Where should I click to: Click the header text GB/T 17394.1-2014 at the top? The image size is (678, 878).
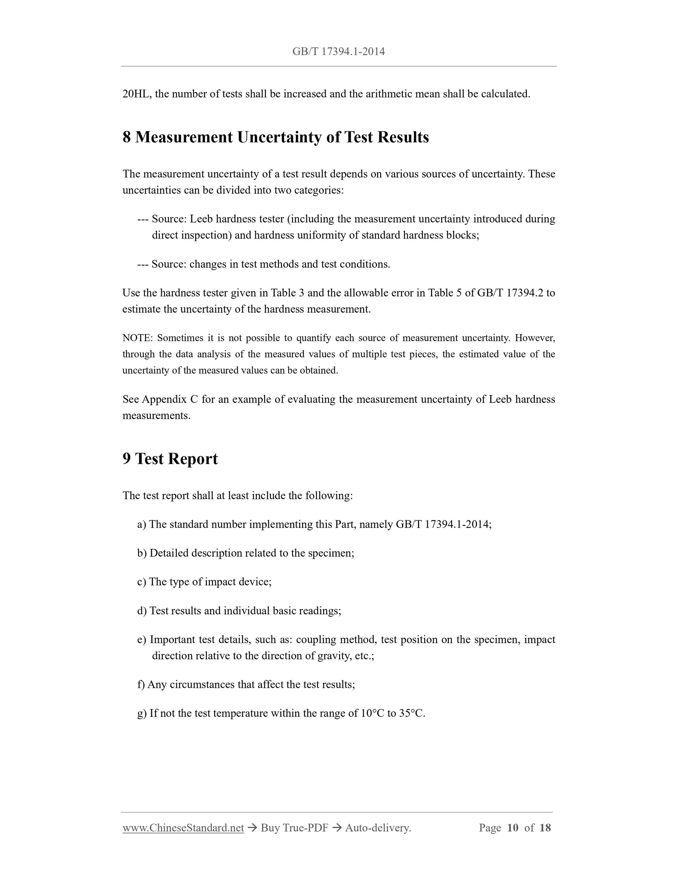click(x=338, y=52)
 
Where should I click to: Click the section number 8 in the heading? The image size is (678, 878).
click(x=126, y=137)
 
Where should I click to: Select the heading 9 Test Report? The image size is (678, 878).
click(x=170, y=459)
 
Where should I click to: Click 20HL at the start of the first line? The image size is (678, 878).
click(x=136, y=94)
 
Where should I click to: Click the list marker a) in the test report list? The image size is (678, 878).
click(x=141, y=525)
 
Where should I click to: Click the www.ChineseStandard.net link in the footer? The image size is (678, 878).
click(x=183, y=828)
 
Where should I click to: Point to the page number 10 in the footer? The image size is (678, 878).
click(x=513, y=828)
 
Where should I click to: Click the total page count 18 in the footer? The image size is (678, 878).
click(x=545, y=828)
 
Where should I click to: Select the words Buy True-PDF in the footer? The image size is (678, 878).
click(x=294, y=828)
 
